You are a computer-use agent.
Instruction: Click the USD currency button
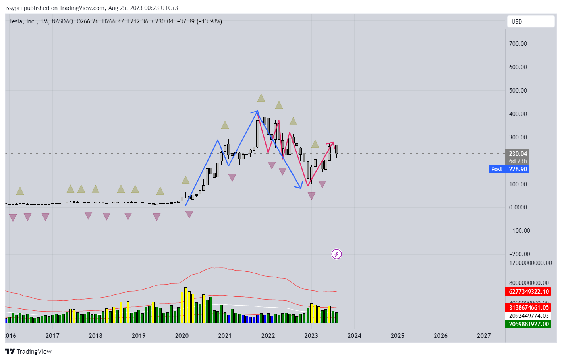[530, 22]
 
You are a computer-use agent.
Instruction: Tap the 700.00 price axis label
[518, 44]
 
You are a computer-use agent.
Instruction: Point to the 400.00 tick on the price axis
[518, 114]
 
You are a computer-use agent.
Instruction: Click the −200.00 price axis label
[520, 254]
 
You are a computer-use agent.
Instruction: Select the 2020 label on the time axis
[182, 336]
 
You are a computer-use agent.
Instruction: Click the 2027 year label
[484, 336]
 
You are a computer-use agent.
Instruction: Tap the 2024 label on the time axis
[354, 336]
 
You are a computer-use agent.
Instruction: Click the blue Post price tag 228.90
[509, 169]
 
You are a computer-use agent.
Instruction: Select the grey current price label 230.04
[518, 154]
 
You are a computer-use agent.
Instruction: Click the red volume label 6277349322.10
[529, 292]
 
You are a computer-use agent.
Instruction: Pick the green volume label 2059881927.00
[529, 324]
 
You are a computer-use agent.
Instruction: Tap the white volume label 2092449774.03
[529, 316]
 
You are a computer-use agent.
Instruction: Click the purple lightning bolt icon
[336, 254]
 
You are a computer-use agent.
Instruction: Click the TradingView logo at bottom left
[28, 352]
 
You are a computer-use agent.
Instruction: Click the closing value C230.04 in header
[162, 21]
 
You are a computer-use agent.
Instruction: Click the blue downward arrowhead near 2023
[299, 186]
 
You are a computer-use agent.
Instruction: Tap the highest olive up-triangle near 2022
[261, 98]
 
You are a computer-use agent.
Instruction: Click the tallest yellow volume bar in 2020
[185, 305]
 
